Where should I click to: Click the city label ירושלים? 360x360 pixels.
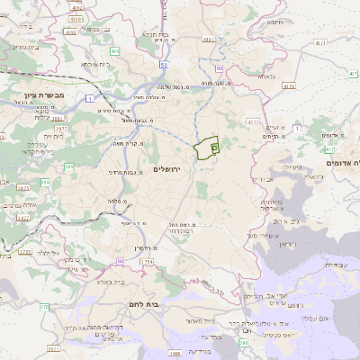(x=166, y=169)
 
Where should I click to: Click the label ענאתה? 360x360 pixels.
(x=268, y=76)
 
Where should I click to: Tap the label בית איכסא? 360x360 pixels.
(x=95, y=64)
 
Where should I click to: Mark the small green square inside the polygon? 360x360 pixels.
(x=214, y=147)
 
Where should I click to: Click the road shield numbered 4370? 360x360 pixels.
(x=289, y=86)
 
